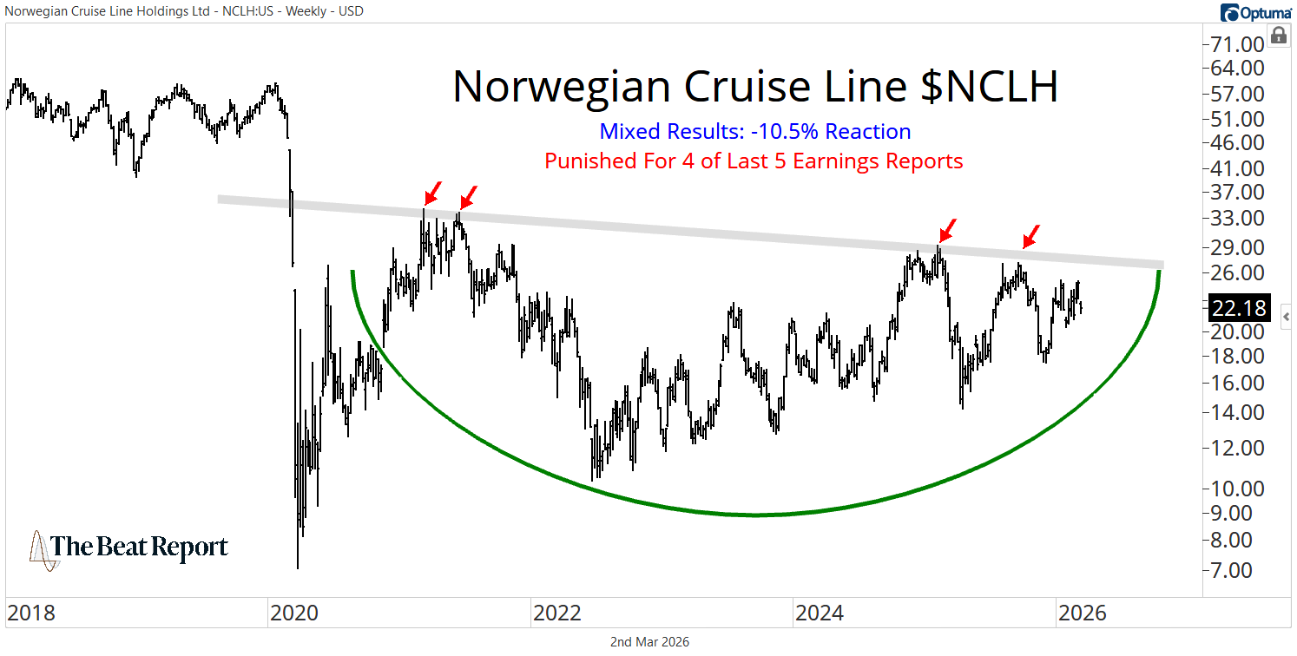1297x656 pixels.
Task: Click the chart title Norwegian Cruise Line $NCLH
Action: (x=754, y=87)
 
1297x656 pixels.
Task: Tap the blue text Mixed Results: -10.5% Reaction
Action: (x=754, y=132)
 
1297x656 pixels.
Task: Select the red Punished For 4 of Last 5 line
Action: (x=754, y=161)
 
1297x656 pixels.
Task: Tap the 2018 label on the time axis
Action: (x=30, y=613)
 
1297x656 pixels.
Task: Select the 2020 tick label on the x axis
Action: (x=294, y=613)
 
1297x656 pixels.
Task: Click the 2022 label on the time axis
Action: (x=556, y=613)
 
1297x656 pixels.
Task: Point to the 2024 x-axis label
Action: (x=820, y=613)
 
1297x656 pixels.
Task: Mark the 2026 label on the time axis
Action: (x=1082, y=613)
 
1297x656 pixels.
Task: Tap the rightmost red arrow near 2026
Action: (x=1030, y=235)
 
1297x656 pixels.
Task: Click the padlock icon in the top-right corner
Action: (x=1278, y=36)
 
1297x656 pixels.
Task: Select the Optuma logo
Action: (x=1255, y=12)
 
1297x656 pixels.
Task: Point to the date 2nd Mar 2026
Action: (x=648, y=642)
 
